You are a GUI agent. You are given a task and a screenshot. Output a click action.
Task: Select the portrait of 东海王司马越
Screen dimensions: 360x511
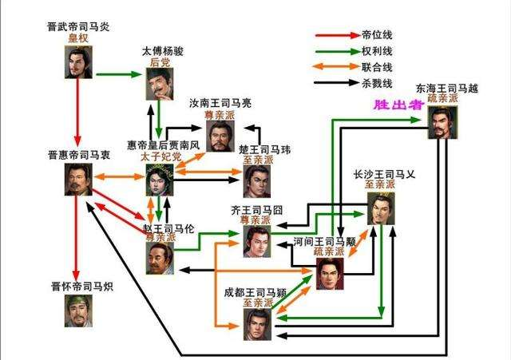(x=442, y=123)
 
